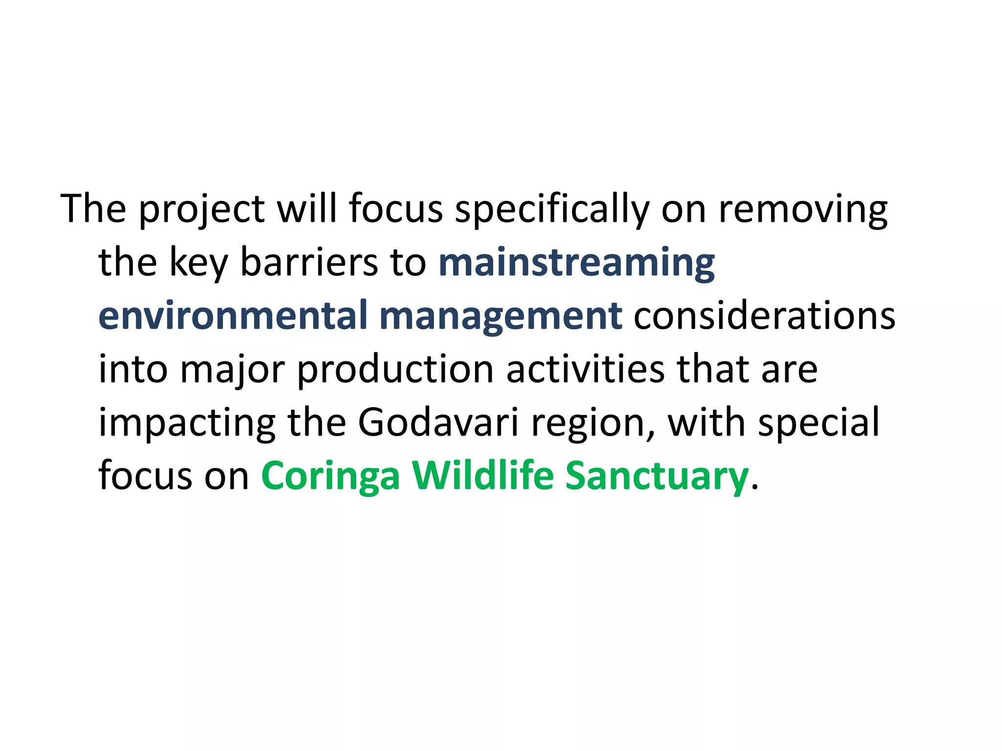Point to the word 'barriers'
309,263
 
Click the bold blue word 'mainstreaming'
577,263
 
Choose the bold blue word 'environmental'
233,316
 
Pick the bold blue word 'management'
501,316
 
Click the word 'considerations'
764,316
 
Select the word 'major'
232,370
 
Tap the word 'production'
395,370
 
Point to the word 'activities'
585,370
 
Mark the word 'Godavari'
438,423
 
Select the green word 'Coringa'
330,476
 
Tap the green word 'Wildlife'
482,476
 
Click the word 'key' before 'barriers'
198,263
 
